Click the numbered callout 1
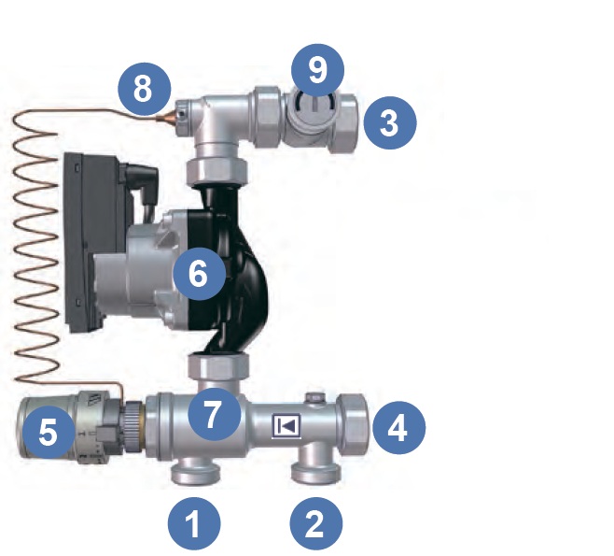194,523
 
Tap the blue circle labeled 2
316,523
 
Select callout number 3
390,122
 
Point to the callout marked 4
399,427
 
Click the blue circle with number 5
49,433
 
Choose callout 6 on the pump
199,273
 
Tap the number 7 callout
215,415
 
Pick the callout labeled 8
145,89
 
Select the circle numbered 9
317,70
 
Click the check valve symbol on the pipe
286,425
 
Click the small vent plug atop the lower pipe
316,397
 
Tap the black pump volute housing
231,271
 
